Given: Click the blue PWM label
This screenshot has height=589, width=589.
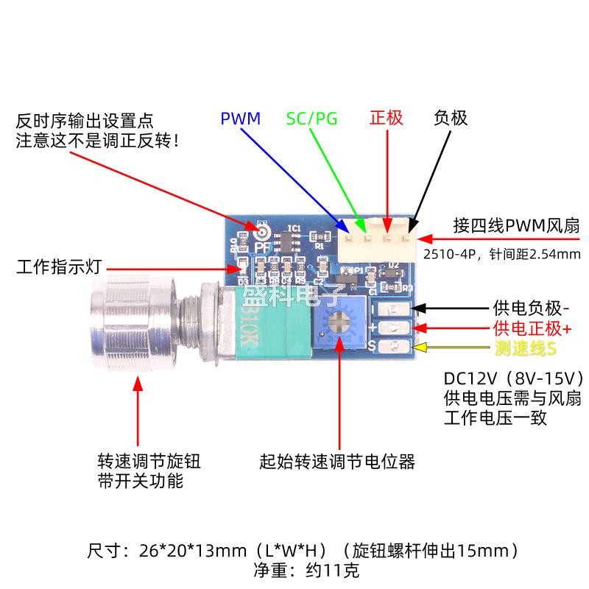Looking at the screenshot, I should coord(240,118).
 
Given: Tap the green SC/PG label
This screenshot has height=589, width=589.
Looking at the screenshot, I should coord(311,118).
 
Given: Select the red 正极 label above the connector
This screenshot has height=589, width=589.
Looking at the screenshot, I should coord(386,118).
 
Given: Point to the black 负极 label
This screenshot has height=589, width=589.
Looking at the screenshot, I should coord(450,118).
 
